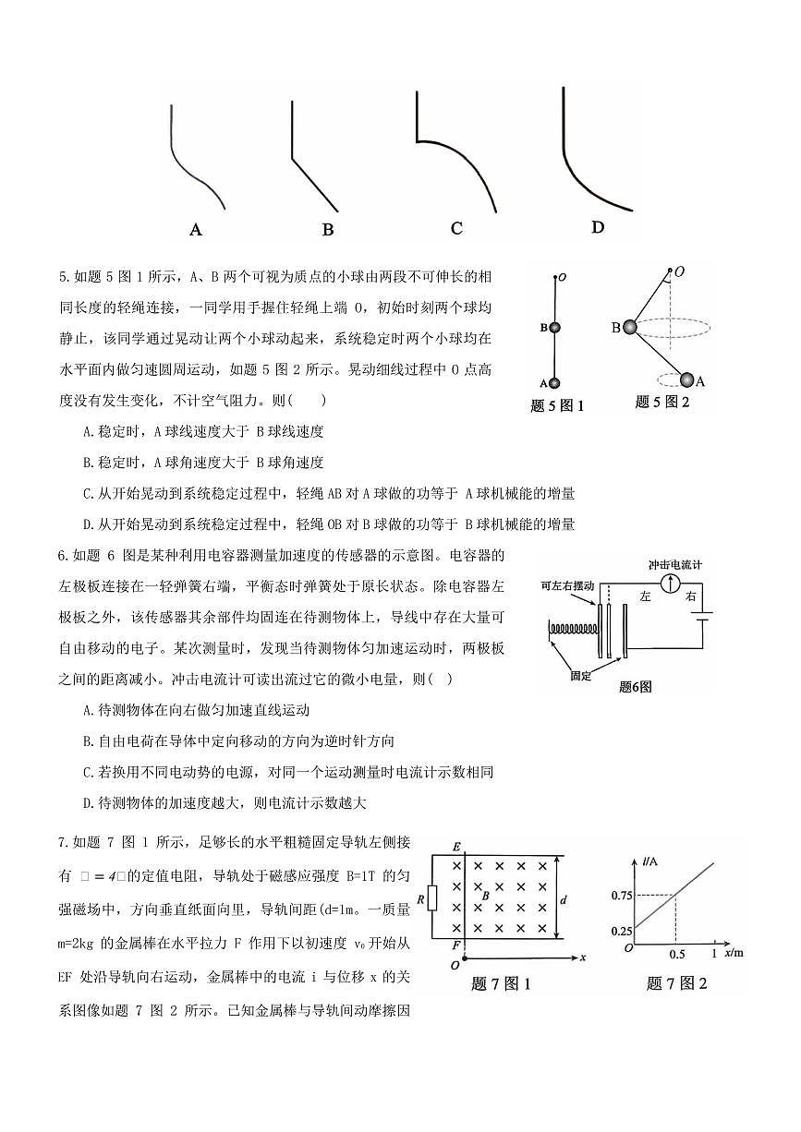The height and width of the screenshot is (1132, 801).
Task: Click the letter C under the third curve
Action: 456,228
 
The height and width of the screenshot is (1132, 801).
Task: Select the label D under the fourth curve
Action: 598,227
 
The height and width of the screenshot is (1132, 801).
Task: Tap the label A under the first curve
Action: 195,229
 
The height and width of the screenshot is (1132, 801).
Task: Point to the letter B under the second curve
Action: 328,230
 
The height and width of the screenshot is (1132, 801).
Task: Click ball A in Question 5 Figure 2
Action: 687,379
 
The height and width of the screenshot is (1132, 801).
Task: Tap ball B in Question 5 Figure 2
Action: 629,327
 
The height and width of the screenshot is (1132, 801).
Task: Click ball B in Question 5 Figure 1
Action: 554,327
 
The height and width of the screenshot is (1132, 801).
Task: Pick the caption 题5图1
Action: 558,405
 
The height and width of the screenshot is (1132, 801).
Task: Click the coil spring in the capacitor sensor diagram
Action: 572,630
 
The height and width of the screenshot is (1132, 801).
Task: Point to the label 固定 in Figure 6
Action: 580,676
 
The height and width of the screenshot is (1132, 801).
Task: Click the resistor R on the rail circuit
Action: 432,897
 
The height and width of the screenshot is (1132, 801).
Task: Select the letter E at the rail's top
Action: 455,847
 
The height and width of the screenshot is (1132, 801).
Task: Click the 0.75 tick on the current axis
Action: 622,895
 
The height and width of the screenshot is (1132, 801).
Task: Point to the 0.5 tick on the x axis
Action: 676,954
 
